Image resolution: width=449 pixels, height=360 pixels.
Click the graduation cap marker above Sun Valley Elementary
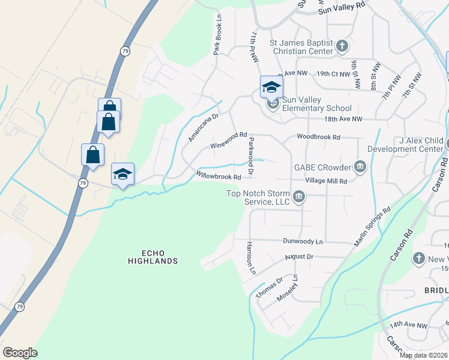coord(271,87)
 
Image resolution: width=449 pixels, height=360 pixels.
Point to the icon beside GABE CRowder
coord(360,166)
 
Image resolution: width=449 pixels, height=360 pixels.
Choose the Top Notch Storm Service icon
coord(299,197)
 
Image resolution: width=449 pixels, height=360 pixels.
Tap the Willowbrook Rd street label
coord(219,176)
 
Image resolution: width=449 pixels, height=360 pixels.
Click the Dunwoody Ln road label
coord(303,241)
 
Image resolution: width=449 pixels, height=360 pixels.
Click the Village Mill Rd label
coord(326,181)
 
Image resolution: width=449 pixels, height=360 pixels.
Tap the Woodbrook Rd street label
coord(318,137)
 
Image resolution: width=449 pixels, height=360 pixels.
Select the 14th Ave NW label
coord(408,325)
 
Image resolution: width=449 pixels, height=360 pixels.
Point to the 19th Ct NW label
coord(333,74)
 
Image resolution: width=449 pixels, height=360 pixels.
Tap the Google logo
coord(20,353)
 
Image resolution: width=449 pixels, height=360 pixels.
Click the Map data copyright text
coord(424,355)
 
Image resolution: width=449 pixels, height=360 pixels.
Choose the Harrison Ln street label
coord(251,258)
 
